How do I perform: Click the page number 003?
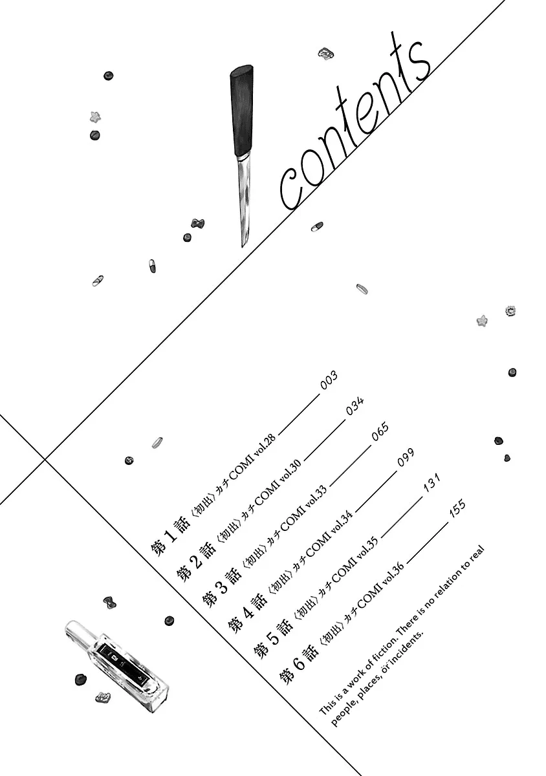coord(328,380)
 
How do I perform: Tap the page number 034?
coord(355,405)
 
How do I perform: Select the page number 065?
coord(380,431)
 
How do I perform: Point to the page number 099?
coord(406,457)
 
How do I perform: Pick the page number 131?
coord(431,482)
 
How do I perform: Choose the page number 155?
coord(457,508)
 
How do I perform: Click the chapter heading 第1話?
coord(170,537)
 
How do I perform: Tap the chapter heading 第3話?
coord(221,588)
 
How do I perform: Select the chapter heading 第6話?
coord(299,665)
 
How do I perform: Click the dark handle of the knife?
coord(242,111)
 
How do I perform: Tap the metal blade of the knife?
coord(244,201)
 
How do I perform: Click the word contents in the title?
coord(354,125)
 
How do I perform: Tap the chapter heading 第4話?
coord(248,614)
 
